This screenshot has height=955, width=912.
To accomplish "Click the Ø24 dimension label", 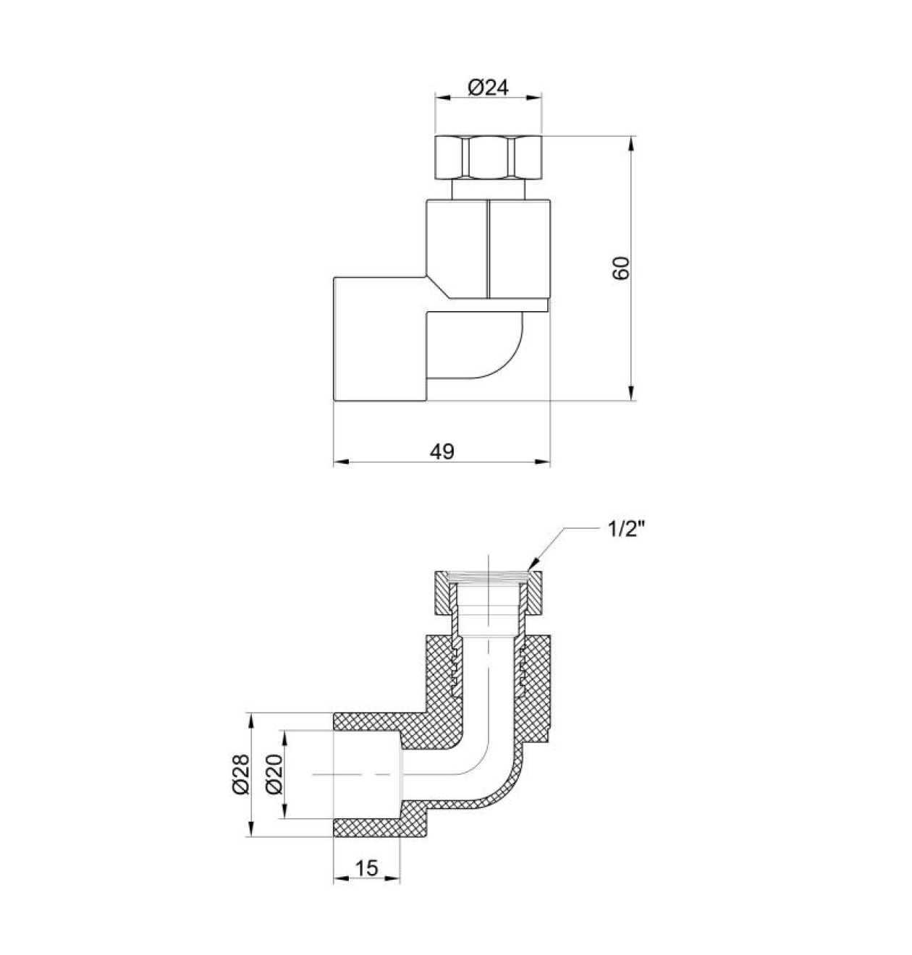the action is tap(488, 88).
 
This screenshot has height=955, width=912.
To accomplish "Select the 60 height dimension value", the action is tap(621, 268).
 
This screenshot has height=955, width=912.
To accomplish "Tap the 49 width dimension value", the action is tap(442, 451).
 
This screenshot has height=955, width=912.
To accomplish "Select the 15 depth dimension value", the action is tap(366, 868).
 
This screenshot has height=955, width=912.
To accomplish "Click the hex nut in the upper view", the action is tap(488, 158).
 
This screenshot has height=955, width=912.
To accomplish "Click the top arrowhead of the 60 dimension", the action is tap(631, 144).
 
